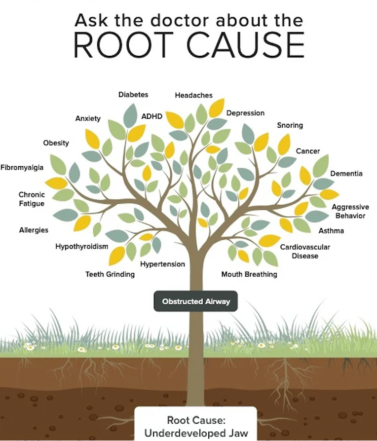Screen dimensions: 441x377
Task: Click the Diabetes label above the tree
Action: (133, 94)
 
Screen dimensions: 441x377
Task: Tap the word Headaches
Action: (193, 95)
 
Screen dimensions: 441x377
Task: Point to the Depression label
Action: (245, 113)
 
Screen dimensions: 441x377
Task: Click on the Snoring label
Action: (290, 125)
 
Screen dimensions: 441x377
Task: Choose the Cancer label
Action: (308, 151)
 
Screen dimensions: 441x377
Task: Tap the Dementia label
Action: (346, 174)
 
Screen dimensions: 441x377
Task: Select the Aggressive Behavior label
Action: (350, 212)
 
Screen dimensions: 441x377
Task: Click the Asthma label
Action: (331, 231)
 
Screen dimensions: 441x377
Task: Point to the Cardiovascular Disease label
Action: (305, 252)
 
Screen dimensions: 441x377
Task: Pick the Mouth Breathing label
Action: (249, 274)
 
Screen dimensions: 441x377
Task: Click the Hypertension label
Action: (162, 264)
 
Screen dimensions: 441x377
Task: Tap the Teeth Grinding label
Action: (110, 274)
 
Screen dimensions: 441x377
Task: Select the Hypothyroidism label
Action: (81, 247)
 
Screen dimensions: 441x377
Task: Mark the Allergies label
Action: (34, 230)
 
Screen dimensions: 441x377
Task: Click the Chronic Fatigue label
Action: (32, 199)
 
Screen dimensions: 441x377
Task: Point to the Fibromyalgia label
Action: (22, 168)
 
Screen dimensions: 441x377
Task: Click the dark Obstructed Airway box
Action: (196, 301)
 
